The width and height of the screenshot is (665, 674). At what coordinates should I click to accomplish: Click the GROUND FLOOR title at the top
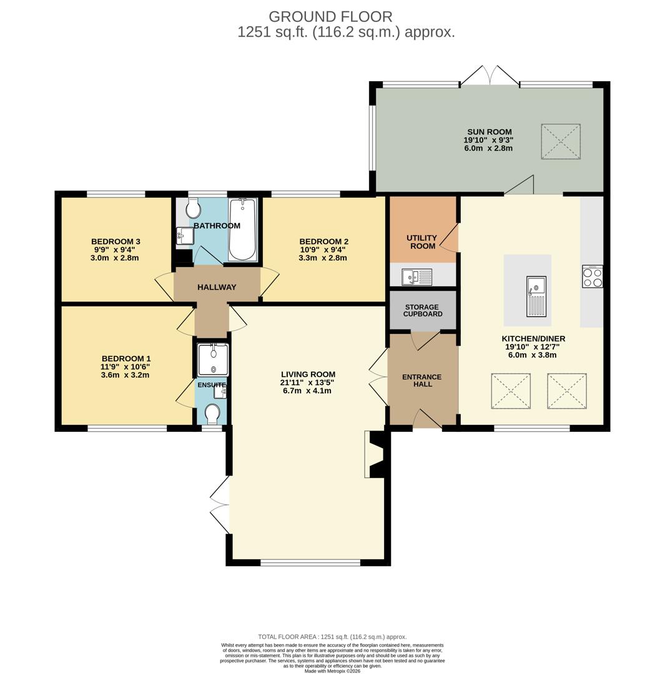(330, 17)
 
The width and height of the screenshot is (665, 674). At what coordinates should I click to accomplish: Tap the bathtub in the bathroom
(242, 229)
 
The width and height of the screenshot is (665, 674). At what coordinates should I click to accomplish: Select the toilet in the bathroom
(193, 208)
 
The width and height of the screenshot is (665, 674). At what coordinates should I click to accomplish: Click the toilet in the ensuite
(212, 414)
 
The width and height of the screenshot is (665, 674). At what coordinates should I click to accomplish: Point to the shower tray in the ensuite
(212, 360)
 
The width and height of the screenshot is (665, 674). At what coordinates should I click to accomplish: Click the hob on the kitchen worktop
(592, 276)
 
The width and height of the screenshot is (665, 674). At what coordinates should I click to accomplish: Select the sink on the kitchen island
(536, 296)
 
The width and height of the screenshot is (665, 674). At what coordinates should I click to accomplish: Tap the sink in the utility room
(416, 276)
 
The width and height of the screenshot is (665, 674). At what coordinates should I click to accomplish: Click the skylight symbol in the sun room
(560, 142)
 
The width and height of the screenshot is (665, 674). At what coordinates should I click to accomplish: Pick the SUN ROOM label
(489, 132)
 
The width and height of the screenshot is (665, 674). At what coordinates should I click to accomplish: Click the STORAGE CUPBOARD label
(422, 311)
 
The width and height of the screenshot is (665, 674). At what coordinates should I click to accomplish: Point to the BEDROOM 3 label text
(116, 242)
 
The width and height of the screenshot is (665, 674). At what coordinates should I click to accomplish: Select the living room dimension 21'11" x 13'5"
(308, 383)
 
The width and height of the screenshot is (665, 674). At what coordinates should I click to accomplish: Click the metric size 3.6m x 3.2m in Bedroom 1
(126, 375)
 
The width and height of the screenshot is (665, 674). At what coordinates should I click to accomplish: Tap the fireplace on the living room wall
(376, 455)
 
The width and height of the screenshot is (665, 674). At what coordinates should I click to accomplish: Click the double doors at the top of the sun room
(490, 76)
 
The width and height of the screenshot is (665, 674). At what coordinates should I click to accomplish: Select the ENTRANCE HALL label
(421, 381)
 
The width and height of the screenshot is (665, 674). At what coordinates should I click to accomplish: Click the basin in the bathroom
(185, 235)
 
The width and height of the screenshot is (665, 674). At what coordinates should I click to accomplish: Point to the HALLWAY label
(217, 287)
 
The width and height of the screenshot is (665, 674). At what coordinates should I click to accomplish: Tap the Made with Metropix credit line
(332, 671)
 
